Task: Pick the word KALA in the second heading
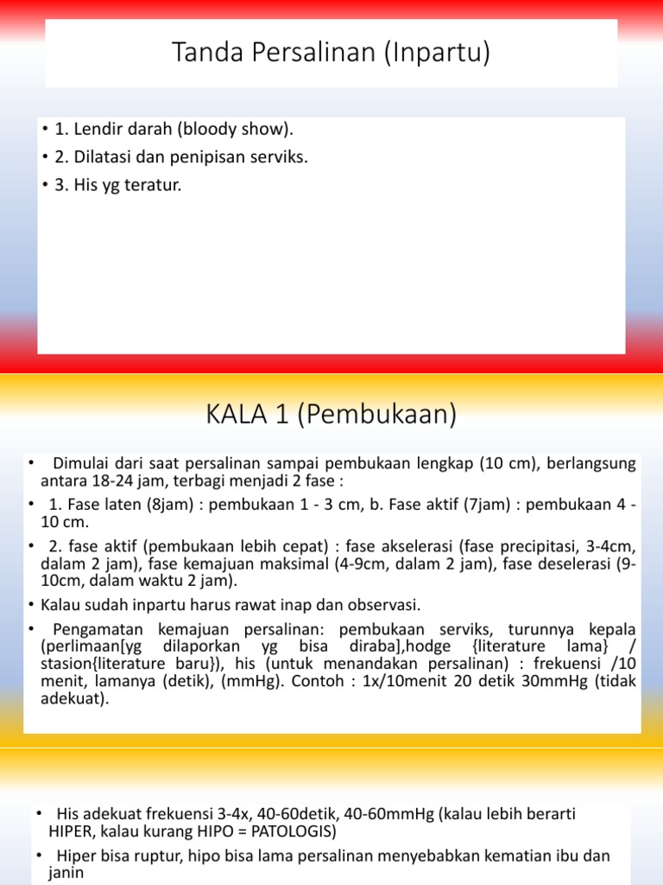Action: point(237,416)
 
